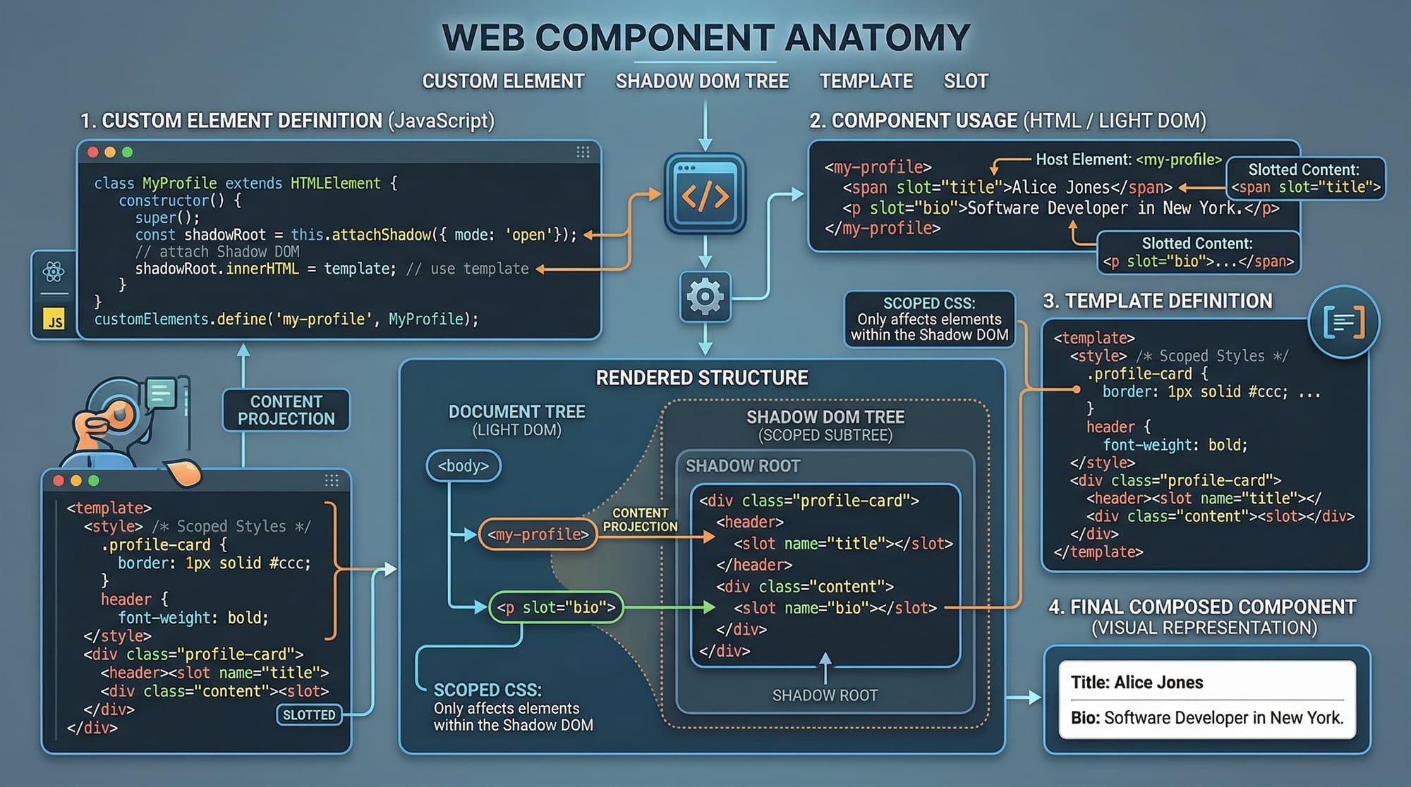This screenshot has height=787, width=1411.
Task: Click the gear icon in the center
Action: (705, 297)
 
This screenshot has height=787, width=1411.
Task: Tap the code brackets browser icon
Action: (705, 194)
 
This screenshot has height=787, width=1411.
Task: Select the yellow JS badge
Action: (54, 320)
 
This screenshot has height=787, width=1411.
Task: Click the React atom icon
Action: (54, 272)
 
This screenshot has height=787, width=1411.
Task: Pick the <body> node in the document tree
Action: (464, 466)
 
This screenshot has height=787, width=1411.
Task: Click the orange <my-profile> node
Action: (538, 535)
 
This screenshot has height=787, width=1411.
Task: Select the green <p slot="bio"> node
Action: (556, 607)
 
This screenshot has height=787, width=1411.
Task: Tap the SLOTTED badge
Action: (309, 715)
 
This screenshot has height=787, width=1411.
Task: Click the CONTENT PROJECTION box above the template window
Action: (286, 410)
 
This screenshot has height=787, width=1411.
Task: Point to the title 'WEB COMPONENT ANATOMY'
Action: (705, 38)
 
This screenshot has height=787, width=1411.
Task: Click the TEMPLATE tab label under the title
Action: (866, 82)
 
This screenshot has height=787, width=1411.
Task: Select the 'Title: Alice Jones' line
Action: (1137, 683)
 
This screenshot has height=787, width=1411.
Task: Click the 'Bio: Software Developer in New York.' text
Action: (1206, 718)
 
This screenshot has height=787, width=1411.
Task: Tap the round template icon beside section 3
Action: (1343, 323)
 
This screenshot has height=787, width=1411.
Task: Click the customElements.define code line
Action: (286, 319)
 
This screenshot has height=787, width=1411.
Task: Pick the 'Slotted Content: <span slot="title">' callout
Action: (1305, 178)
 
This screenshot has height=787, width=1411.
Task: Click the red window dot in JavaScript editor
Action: (92, 152)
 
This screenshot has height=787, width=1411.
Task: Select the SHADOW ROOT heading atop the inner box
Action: (742, 466)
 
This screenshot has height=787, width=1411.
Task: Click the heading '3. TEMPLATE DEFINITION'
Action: (1157, 302)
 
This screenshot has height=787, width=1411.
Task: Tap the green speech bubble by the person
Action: (162, 393)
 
